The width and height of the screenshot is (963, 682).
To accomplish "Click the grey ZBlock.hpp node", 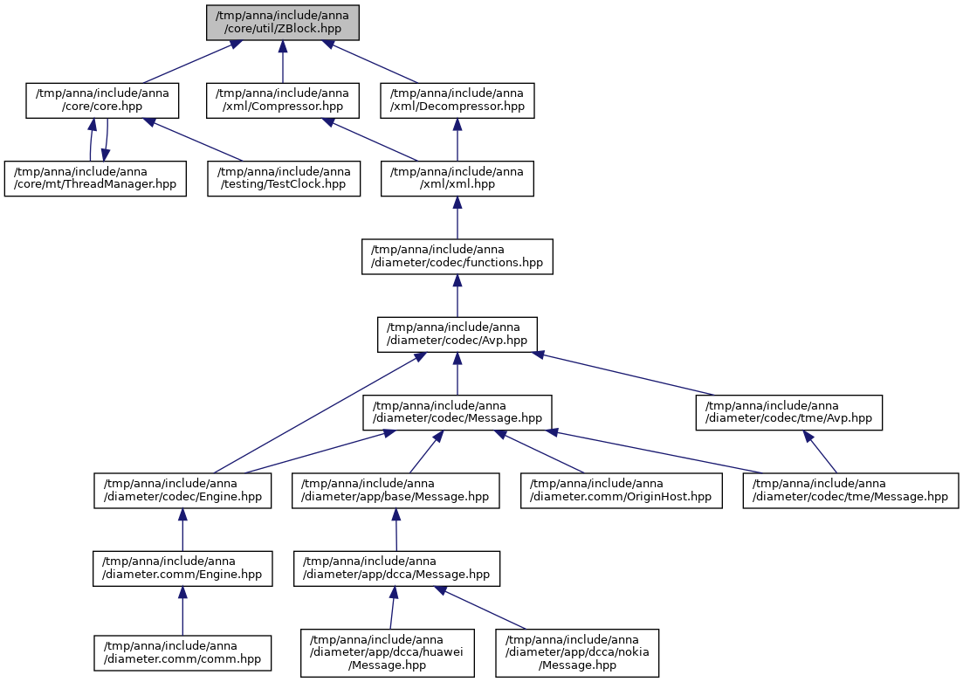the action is pyautogui.click(x=283, y=23).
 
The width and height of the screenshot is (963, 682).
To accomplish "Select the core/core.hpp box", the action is pyautogui.click(x=102, y=100).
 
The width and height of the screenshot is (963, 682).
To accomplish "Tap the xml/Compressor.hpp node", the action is pyautogui.click(x=283, y=100).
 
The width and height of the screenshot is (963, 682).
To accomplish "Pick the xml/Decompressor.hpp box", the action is pyautogui.click(x=457, y=100).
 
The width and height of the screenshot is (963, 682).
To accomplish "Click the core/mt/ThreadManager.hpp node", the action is pyautogui.click(x=95, y=179).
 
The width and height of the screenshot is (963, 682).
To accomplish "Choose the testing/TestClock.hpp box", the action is pyautogui.click(x=284, y=179).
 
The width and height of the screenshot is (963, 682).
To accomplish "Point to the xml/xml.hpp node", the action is pyautogui.click(x=457, y=179).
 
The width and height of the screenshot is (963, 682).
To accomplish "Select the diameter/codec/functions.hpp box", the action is pyautogui.click(x=457, y=257).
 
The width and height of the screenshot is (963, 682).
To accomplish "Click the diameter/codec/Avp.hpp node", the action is pyautogui.click(x=457, y=334).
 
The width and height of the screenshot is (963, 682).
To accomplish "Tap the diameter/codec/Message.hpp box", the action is pyautogui.click(x=457, y=413).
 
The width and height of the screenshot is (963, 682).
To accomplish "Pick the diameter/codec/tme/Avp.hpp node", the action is pyautogui.click(x=789, y=413).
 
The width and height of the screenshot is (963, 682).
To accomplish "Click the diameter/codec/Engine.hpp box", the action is pyautogui.click(x=182, y=491).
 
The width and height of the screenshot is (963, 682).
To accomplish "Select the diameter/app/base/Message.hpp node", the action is pyautogui.click(x=396, y=491).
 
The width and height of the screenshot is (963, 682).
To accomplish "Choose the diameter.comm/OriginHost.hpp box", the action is pyautogui.click(x=622, y=491).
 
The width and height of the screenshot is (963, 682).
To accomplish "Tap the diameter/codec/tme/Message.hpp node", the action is pyautogui.click(x=850, y=491).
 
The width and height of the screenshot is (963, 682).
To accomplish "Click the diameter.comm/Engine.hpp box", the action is pyautogui.click(x=182, y=569).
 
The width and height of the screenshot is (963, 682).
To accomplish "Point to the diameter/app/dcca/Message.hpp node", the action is pyautogui.click(x=396, y=569).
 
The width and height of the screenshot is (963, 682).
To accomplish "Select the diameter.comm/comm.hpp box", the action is pyautogui.click(x=182, y=653).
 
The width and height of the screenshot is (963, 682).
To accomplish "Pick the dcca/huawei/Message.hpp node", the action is pyautogui.click(x=388, y=653).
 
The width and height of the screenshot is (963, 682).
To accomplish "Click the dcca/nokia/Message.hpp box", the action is pyautogui.click(x=577, y=653).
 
